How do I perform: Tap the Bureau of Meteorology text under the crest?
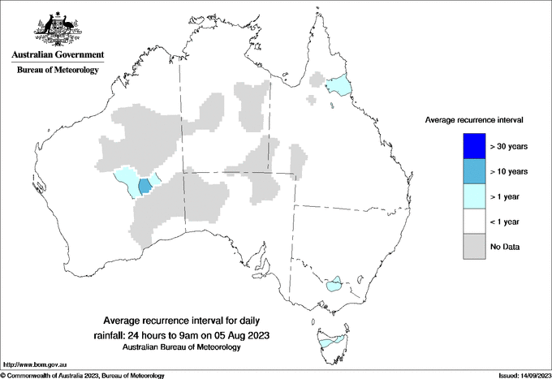[x=58, y=71]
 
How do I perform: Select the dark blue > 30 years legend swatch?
[x=471, y=146]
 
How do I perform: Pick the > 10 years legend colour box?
[x=471, y=171]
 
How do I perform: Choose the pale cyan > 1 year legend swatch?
[x=471, y=196]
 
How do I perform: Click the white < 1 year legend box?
[x=471, y=222]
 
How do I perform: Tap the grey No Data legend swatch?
[x=471, y=246]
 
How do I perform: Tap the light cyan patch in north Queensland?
[x=338, y=84]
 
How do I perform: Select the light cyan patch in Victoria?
[x=333, y=284]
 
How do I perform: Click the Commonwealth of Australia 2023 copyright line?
[x=83, y=375]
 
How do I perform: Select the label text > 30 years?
[x=510, y=146]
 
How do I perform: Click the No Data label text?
[x=505, y=246]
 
